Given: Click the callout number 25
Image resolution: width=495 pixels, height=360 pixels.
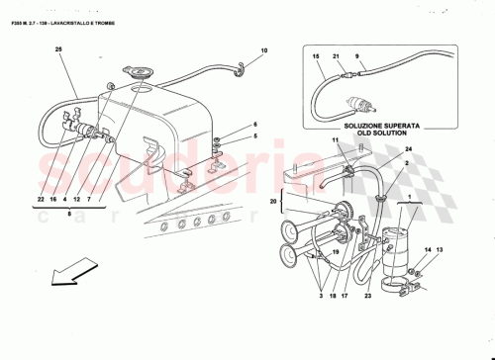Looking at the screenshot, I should [x=58, y=48].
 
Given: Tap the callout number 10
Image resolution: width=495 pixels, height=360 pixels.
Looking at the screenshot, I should [x=264, y=50].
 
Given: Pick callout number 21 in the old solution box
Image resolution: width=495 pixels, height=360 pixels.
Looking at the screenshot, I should [x=337, y=58].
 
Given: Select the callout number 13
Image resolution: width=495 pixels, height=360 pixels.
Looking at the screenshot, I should [x=442, y=251].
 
